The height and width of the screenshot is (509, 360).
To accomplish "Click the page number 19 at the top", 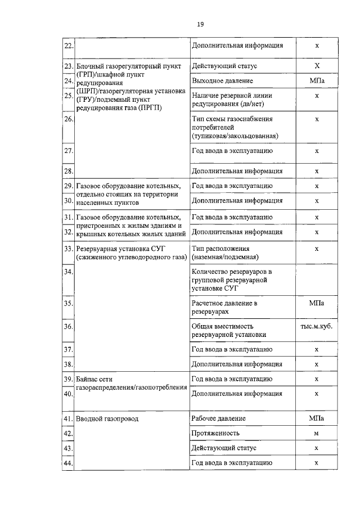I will pos(200,24).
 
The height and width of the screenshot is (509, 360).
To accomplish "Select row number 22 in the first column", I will pos(67,46).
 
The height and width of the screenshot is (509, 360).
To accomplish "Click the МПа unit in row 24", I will pos(317,82).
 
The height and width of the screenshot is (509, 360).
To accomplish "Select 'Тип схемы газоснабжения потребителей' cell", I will pos(232,127).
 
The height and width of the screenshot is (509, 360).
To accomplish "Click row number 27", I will pos(67,151).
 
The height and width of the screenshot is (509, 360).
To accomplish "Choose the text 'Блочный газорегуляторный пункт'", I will pos(128,66).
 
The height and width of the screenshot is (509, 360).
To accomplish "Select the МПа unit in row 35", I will pos(317,303).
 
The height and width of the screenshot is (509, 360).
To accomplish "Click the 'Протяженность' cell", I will pos(215,434).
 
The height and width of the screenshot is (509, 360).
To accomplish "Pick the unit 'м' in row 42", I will pos(317,434).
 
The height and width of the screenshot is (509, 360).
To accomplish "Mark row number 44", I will pos(67,463).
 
